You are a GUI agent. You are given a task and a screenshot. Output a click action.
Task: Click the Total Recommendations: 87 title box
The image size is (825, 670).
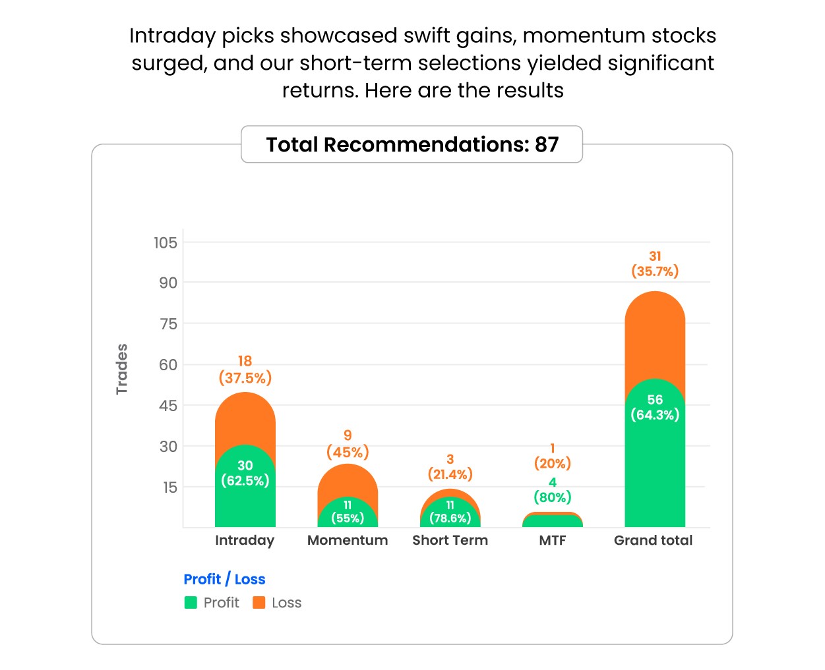coord(412,144)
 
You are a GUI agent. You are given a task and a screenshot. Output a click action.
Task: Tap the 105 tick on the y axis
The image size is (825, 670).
coord(166,242)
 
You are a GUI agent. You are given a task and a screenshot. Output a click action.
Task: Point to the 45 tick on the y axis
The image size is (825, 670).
coord(168,405)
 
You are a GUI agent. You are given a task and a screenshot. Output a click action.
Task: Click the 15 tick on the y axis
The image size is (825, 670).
coord(170,488)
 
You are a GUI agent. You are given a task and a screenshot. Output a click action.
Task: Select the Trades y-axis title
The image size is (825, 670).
coord(122,369)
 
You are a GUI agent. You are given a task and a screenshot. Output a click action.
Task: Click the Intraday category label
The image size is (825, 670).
coord(245,540)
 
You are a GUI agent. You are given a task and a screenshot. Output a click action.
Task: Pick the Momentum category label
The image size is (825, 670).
coord(348,540)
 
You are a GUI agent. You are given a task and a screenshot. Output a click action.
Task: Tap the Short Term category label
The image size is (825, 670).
coord(450,540)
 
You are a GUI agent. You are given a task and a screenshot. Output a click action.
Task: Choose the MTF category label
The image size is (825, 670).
coord(553,540)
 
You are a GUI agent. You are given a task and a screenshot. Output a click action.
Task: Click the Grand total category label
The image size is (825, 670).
coord(654,540)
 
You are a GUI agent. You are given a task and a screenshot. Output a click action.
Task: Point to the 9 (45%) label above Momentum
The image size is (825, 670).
coord(348,444)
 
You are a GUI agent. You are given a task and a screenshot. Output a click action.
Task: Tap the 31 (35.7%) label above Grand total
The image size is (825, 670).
coord(655,264)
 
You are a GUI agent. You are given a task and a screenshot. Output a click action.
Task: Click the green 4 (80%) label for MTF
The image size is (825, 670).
coord(553,490)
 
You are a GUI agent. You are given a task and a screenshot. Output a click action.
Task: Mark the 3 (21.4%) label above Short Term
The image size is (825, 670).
coord(450,467)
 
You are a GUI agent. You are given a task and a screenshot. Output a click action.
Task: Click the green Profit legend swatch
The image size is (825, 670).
coord(191,602)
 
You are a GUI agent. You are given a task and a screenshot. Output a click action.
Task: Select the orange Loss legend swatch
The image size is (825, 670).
coord(259,602)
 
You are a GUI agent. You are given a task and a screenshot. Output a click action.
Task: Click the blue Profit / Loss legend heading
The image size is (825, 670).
coord(224,579)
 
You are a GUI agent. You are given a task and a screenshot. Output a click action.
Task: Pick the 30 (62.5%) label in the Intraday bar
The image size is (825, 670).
coord(245,473)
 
